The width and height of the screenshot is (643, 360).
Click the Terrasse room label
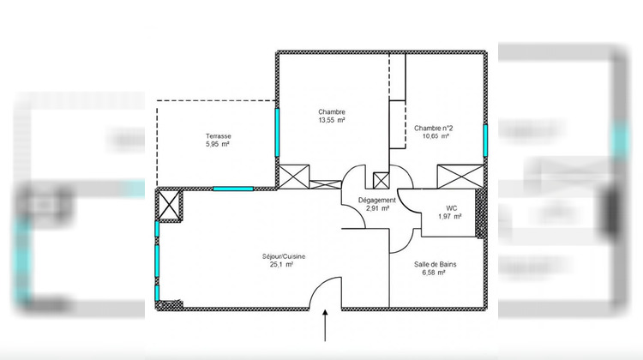coord(218,136)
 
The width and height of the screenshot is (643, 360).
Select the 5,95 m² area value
coord(218,145)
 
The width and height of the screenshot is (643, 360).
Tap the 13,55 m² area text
coord(332,121)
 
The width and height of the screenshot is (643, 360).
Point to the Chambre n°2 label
coord(433,128)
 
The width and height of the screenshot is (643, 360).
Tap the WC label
coord(451,208)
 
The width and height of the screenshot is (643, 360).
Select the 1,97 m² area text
coord(451,217)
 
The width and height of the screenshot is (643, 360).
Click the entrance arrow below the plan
coord(326,327)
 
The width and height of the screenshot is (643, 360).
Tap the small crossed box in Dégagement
coord(381,180)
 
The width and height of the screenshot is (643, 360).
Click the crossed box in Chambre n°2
coord(455,176)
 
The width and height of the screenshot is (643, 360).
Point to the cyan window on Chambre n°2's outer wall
coord(485,141)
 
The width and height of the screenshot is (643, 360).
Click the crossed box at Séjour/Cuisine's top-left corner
coord(169,206)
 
